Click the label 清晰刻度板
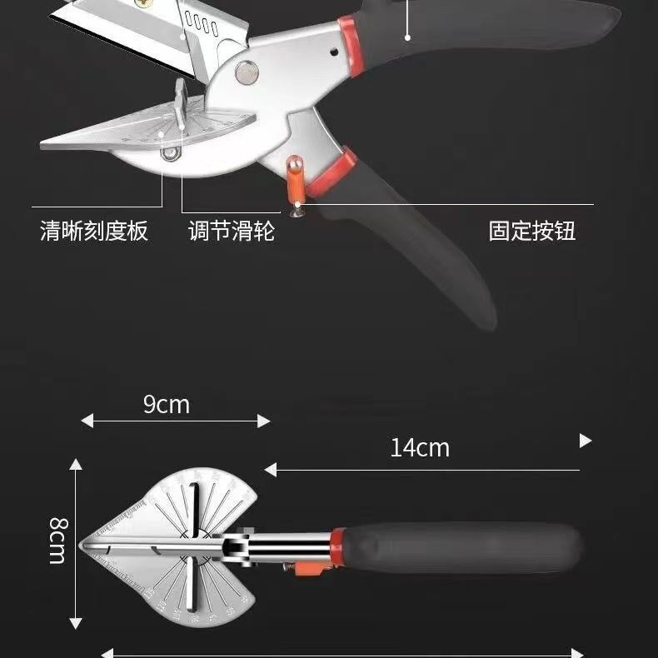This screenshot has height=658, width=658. click(x=94, y=231)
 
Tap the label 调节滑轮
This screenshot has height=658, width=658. click(x=231, y=231)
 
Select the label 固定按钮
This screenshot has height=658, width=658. click(x=532, y=231)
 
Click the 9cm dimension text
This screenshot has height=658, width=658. click(x=167, y=405)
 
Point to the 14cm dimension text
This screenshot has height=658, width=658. click(x=420, y=448)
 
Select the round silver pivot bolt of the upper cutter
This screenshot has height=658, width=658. click(x=246, y=72)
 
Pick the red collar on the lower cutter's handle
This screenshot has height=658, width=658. click(x=336, y=546)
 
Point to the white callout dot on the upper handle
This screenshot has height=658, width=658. click(x=407, y=37)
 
